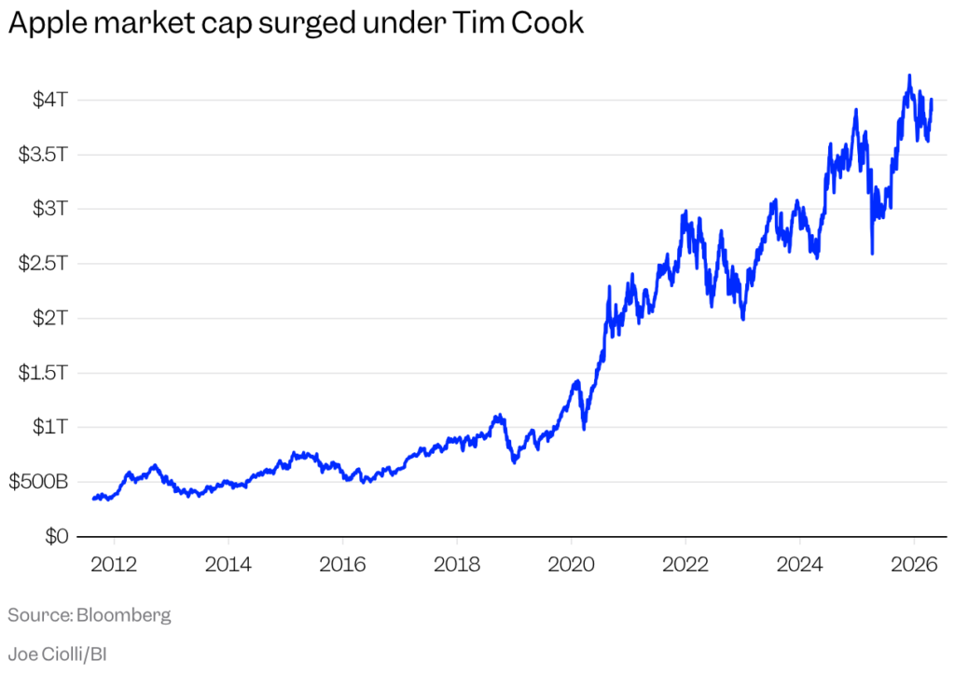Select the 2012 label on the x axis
114,565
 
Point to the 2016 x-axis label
342,565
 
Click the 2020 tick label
571,565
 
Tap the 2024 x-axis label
799,565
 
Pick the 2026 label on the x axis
913,565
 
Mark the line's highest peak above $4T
909,76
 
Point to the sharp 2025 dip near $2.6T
872,252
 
